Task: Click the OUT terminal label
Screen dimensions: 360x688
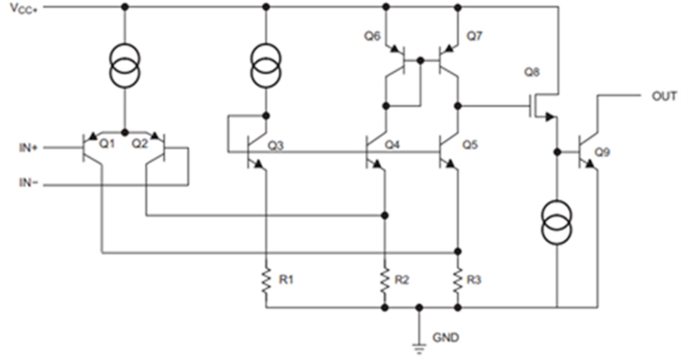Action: pyautogui.click(x=663, y=96)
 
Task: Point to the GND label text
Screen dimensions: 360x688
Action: pyautogui.click(x=446, y=338)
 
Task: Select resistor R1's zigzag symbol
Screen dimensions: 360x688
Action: pyautogui.click(x=266, y=281)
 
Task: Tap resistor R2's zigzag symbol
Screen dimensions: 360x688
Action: pyautogui.click(x=385, y=281)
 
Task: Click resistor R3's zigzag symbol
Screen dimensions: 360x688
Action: pyautogui.click(x=458, y=281)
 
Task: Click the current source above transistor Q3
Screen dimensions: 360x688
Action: pyautogui.click(x=266, y=64)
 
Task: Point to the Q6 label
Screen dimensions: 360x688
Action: pyautogui.click(x=372, y=37)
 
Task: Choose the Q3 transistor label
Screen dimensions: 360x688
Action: pyautogui.click(x=276, y=145)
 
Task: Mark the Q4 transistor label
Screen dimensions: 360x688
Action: pyautogui.click(x=392, y=145)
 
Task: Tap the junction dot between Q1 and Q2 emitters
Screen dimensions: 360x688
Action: pyautogui.click(x=124, y=132)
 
